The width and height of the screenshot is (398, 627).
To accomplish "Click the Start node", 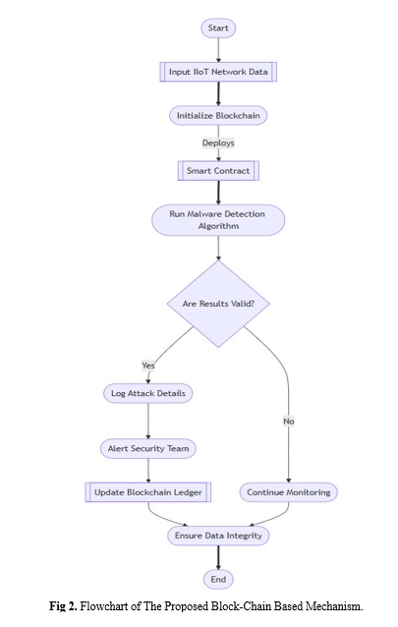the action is [218, 28].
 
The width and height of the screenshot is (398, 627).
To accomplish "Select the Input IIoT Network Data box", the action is [218, 72].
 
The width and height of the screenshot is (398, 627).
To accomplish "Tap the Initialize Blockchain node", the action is [218, 116].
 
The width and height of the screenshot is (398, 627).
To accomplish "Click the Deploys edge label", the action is [218, 142].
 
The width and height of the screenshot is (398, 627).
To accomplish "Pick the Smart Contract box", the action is [218, 171].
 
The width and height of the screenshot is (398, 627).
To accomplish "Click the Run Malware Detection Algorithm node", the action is [218, 220].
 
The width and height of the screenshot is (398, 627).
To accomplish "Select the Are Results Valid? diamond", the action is [218, 304].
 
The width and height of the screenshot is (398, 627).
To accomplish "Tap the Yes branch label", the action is [148, 365].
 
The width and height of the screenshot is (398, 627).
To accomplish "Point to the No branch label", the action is [288, 421].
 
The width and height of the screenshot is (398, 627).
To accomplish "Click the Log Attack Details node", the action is [148, 393].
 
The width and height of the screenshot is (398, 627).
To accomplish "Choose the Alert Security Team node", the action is [148, 449].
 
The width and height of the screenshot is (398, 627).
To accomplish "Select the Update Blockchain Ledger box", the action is [148, 492].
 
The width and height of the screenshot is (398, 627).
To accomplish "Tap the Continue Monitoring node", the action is [288, 492].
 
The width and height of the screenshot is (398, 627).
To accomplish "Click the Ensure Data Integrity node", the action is [218, 536].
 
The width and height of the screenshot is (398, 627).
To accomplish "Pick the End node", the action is [218, 580].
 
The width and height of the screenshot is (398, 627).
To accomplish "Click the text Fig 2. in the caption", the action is [63, 606].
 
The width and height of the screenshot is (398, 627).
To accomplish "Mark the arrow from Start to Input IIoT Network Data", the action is [218, 50].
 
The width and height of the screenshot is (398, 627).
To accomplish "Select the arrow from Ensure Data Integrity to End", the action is [218, 557].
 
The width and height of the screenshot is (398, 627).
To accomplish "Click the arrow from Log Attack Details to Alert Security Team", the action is [148, 421].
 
